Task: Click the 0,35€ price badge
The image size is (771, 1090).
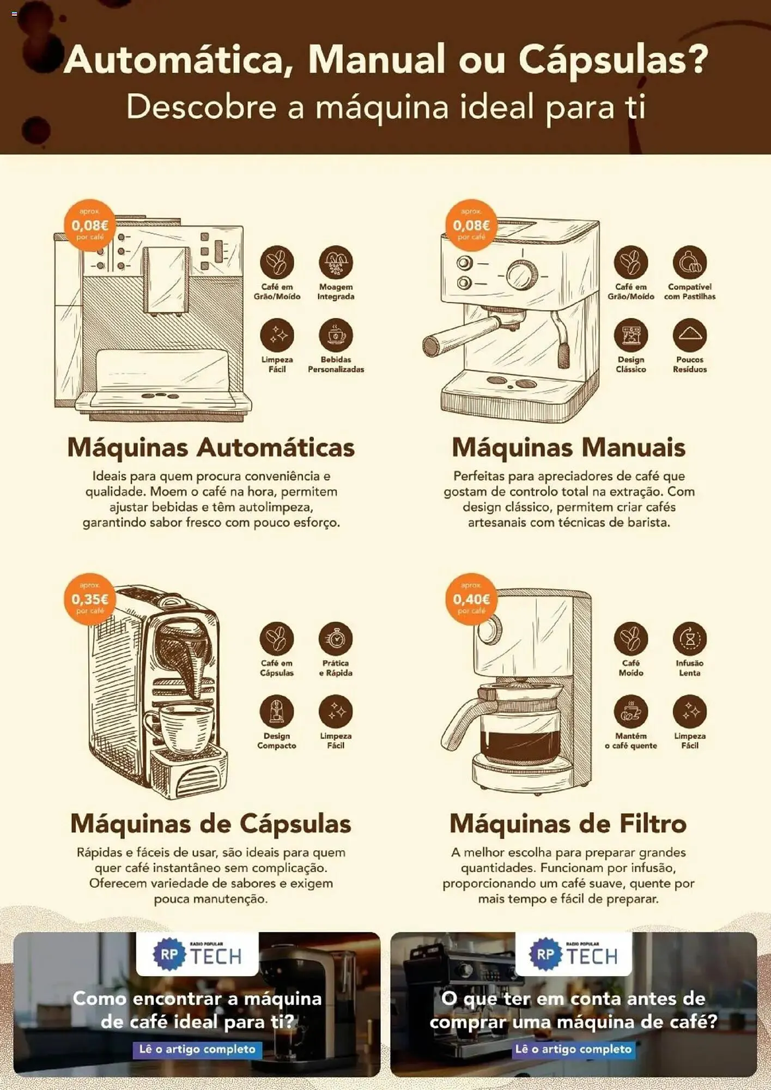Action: (x=90, y=599)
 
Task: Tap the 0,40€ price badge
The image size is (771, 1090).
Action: (x=471, y=599)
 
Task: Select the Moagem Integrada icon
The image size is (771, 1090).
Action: (x=336, y=262)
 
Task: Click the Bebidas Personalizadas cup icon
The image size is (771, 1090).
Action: (x=336, y=335)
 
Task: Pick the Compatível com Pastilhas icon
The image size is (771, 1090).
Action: (x=689, y=262)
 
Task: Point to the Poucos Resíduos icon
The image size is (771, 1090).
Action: (x=689, y=335)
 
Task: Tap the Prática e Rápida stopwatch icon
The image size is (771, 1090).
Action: (x=336, y=638)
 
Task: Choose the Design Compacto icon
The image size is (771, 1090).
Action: (x=277, y=711)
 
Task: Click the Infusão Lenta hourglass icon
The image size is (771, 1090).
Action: (x=689, y=638)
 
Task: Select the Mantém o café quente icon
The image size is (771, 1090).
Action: (x=630, y=711)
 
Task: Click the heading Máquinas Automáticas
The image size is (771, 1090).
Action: (x=211, y=447)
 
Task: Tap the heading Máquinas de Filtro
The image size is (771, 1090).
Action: (x=568, y=823)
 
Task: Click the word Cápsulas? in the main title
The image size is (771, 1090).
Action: (x=613, y=59)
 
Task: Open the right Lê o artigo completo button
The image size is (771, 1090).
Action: (x=573, y=1049)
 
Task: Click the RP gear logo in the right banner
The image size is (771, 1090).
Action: (x=545, y=954)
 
